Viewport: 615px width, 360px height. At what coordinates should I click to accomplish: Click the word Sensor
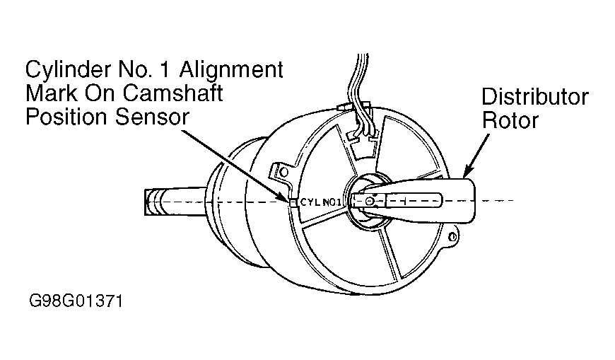coord(153,116)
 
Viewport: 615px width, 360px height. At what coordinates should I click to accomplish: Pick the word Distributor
coord(534,97)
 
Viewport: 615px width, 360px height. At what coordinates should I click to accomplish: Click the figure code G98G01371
coord(76,301)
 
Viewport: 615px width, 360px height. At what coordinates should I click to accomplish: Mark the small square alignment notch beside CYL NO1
coord(293,202)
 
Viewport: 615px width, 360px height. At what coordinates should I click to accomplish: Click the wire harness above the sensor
coord(357,78)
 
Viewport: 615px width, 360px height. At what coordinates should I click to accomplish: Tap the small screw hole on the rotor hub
coord(369,202)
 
